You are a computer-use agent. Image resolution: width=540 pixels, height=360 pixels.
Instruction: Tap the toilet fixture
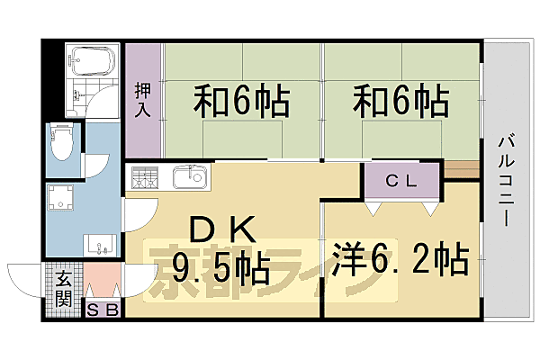coord(64,142)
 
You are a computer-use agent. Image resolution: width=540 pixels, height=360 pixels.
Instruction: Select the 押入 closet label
coord(142,99)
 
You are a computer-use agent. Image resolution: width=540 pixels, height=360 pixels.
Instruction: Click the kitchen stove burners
coord(145,177)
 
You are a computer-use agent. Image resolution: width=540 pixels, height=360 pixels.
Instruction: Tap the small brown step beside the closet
coord(461,168)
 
